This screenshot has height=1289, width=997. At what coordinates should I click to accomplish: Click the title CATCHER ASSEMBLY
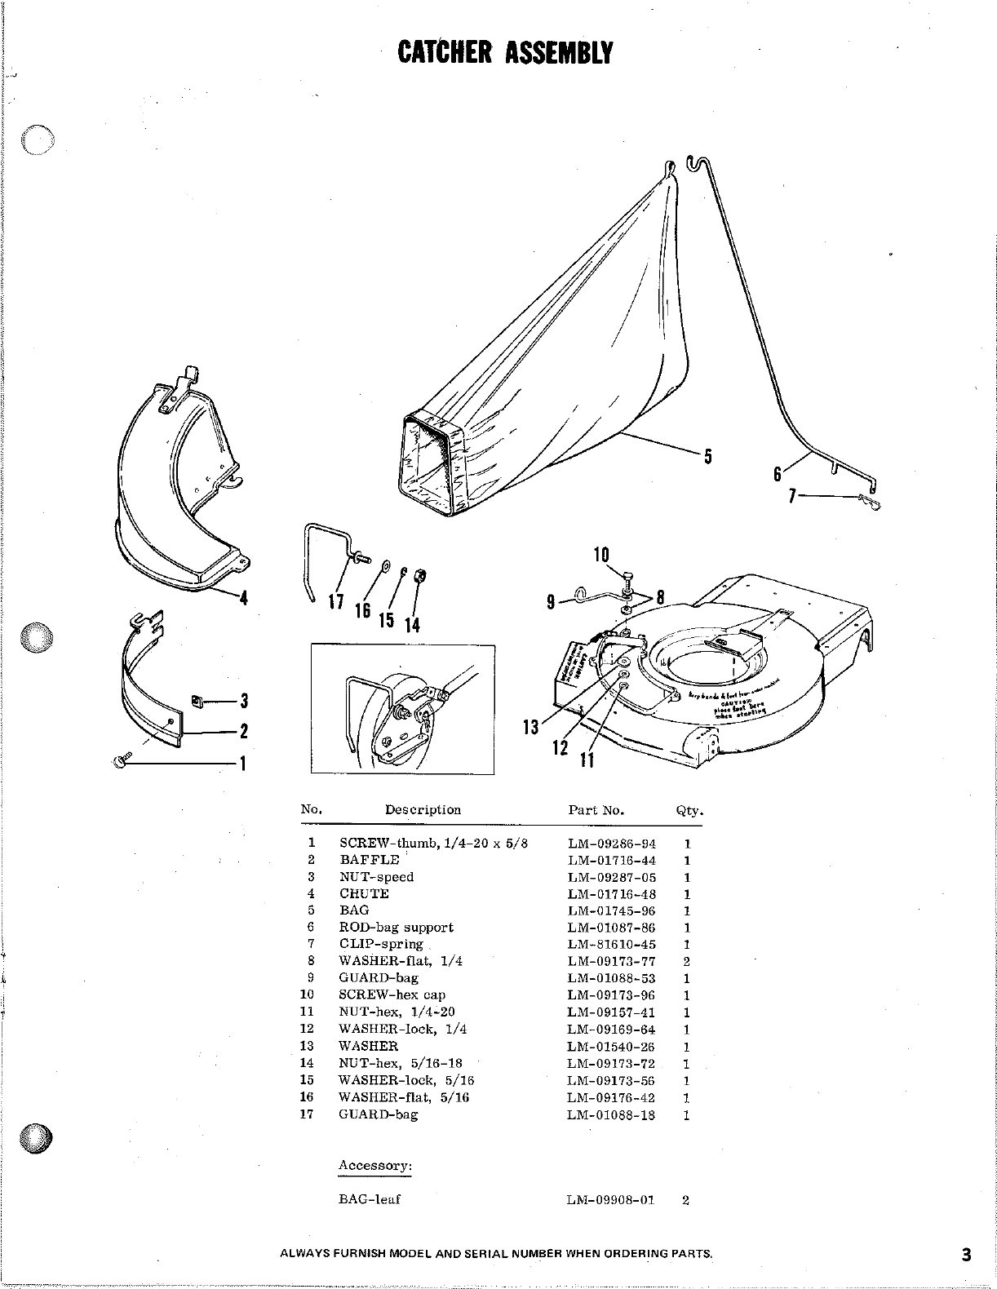[504, 52]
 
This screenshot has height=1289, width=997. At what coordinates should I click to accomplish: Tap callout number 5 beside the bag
[708, 457]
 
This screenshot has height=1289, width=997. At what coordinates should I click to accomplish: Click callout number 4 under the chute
[242, 598]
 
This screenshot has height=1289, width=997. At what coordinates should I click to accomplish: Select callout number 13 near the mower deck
[531, 727]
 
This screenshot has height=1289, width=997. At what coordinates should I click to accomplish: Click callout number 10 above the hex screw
[601, 555]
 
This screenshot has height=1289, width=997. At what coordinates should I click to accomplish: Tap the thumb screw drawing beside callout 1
[121, 761]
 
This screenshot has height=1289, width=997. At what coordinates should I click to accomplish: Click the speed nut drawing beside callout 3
[196, 699]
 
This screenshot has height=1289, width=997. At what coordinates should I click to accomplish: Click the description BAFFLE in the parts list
[370, 860]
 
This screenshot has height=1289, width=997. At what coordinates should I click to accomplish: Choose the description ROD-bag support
[396, 928]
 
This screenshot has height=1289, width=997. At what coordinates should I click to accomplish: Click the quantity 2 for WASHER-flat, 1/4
[686, 962]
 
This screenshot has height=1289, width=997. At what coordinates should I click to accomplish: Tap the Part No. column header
[596, 810]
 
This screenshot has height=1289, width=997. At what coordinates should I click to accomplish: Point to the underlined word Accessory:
[374, 1166]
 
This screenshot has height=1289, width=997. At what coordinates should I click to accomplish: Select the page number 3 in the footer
[966, 1256]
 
